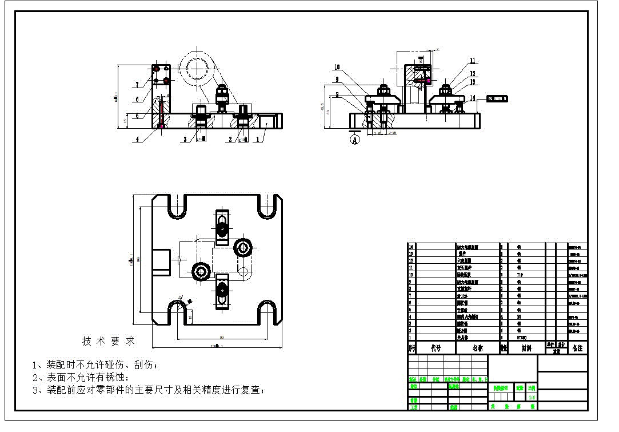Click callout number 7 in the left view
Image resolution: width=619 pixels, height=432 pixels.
point(137,85)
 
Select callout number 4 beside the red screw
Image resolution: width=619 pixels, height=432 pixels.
point(137,138)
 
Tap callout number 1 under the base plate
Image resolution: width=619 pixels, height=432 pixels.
point(257,138)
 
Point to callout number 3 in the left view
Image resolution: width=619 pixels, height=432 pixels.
point(185,138)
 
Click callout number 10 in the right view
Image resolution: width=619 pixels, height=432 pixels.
point(337,67)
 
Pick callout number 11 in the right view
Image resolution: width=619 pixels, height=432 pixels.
point(473,60)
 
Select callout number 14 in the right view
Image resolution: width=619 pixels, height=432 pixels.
point(472,98)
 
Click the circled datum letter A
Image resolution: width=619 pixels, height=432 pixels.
point(355,138)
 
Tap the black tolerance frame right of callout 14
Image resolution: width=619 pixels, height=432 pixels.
point(497,99)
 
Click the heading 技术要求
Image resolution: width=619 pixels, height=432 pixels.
point(109,341)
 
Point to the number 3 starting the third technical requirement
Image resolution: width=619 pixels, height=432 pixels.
point(35,390)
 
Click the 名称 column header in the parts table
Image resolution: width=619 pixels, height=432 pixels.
point(478,348)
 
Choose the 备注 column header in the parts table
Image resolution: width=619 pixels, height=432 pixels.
point(577,348)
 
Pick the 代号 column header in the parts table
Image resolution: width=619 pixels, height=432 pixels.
point(436,348)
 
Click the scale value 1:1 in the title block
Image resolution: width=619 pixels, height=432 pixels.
point(532,396)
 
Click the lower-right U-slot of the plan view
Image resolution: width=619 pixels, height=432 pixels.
point(269,312)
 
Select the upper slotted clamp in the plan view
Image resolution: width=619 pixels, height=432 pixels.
point(221,224)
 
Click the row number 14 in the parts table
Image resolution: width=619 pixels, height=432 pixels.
point(411,247)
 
